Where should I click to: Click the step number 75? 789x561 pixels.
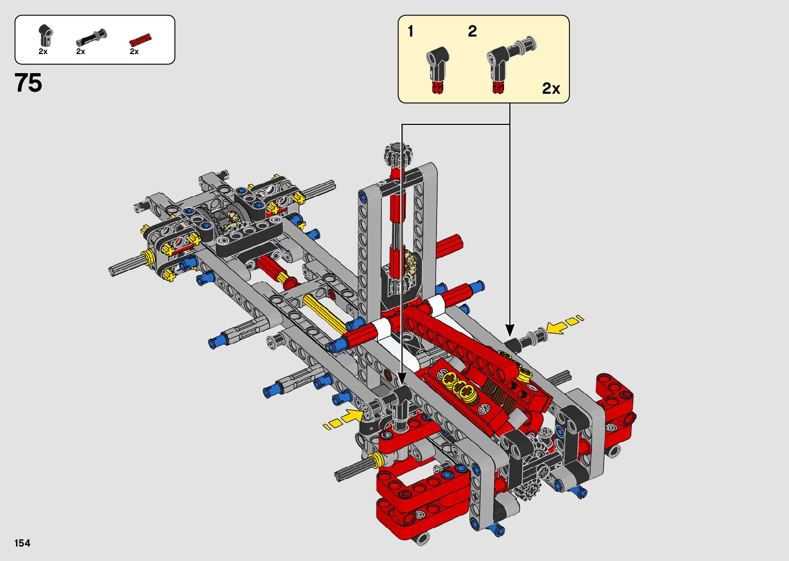(x=28, y=83)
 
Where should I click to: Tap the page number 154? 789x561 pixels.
(x=22, y=543)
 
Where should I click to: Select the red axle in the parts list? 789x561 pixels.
(x=140, y=40)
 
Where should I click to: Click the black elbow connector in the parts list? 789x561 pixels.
(x=46, y=35)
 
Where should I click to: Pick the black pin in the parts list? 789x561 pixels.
(x=92, y=37)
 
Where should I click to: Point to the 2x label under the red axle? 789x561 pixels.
(x=134, y=52)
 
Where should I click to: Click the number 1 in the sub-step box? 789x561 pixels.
(x=410, y=31)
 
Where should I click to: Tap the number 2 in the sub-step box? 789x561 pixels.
(x=473, y=31)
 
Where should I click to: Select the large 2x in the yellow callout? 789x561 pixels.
(x=551, y=89)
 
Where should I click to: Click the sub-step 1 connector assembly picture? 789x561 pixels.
(x=437, y=69)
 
